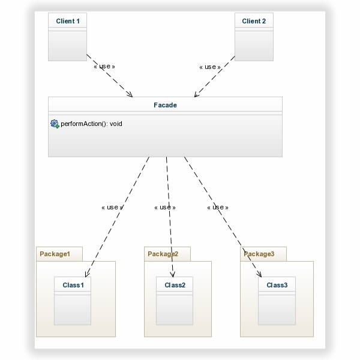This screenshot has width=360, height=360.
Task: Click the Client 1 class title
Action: tap(68, 21)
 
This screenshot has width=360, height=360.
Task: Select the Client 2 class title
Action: tap(254, 21)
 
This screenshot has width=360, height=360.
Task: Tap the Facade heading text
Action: tap(166, 105)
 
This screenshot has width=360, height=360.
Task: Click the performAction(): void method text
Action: tap(91, 124)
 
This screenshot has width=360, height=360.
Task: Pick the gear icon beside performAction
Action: tap(55, 124)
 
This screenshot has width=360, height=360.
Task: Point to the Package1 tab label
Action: tap(55, 254)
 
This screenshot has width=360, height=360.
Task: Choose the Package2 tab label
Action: tap(163, 254)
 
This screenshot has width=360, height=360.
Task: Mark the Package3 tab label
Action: tap(259, 254)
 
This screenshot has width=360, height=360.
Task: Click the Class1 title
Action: tap(73, 285)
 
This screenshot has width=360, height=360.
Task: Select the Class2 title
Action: tap(175, 285)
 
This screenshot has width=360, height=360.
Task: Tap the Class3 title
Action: tap(277, 285)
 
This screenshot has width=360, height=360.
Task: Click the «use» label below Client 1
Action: tap(104, 67)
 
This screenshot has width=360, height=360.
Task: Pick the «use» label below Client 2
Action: tap(210, 67)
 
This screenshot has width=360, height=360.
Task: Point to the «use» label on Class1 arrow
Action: tap(112, 208)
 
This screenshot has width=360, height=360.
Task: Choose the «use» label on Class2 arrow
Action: tap(165, 208)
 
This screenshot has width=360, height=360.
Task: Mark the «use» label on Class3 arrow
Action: tap(218, 208)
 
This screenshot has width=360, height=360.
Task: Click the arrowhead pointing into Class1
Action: tap(86, 274)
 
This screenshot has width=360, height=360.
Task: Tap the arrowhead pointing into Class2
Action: tap(173, 274)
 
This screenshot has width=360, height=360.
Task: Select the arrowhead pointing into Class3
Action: tap(260, 274)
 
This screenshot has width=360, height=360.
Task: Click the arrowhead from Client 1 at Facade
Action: tap(130, 94)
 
